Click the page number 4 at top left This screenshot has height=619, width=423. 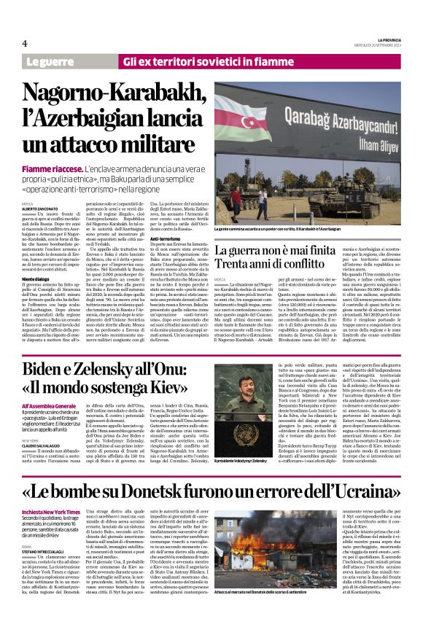tap(25, 43)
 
